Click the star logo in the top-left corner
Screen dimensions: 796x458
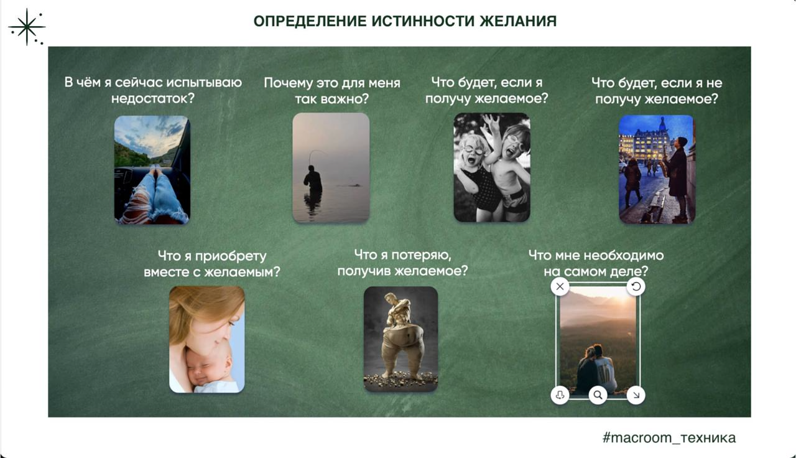click(x=27, y=27)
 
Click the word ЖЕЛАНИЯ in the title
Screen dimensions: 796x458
click(x=518, y=21)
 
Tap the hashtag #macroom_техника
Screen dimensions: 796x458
click(x=669, y=437)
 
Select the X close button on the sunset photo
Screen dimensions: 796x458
click(x=560, y=286)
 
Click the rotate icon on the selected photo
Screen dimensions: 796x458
click(x=636, y=286)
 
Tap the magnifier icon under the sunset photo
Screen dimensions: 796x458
click(x=598, y=395)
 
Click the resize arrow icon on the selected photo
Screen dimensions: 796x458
click(x=636, y=395)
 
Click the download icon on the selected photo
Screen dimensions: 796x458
click(x=560, y=395)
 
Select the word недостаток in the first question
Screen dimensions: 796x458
click(x=153, y=98)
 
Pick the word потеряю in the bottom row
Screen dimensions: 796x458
click(x=422, y=255)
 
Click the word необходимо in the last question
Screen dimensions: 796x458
click(x=624, y=255)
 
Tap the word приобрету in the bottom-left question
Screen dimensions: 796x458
click(x=231, y=256)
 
